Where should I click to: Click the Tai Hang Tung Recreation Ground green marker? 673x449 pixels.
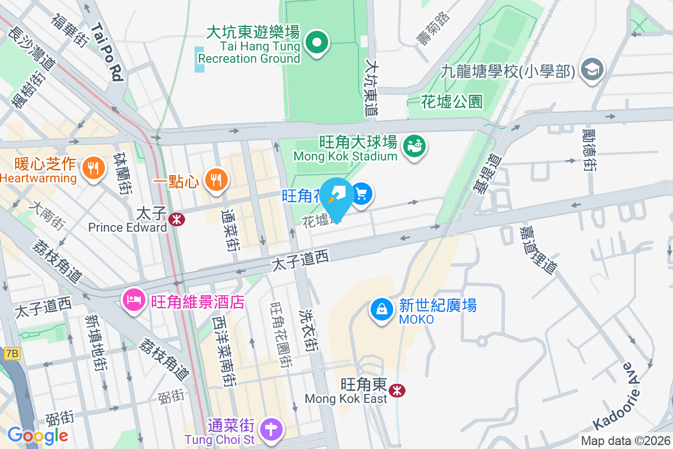[x=317, y=43]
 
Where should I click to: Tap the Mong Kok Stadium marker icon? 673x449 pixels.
[x=415, y=146]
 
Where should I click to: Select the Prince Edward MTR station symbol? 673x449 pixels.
[x=176, y=219]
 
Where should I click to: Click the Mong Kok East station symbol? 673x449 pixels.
[x=398, y=390]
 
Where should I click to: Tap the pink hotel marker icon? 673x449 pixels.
[x=134, y=299]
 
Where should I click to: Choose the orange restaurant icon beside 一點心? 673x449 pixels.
[x=215, y=180]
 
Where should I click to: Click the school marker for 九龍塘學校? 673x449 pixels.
[x=592, y=70]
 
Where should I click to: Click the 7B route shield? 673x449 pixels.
[x=11, y=354]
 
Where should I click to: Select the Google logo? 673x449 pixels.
[x=38, y=435]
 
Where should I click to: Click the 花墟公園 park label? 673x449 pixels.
[x=451, y=102]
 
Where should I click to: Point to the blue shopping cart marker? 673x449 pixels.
[x=362, y=194]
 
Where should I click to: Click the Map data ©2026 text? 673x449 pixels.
[x=625, y=441]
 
